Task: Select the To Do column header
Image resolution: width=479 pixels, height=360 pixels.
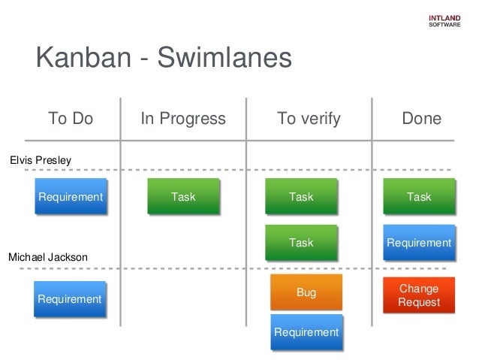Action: pyautogui.click(x=71, y=119)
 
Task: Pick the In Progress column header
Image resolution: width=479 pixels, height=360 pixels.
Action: pyautogui.click(x=183, y=119)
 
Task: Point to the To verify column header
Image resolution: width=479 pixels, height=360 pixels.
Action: pyautogui.click(x=309, y=119)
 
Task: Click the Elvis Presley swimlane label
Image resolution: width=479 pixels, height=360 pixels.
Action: pyautogui.click(x=40, y=159)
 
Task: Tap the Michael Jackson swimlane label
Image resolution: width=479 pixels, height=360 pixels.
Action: pyautogui.click(x=47, y=257)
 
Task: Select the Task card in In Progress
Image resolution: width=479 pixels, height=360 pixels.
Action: pyautogui.click(x=183, y=197)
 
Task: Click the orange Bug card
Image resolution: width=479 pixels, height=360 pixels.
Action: pyautogui.click(x=306, y=292)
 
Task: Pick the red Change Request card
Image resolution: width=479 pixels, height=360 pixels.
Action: pyautogui.click(x=419, y=295)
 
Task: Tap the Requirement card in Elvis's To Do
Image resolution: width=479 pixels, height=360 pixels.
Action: pyautogui.click(x=71, y=197)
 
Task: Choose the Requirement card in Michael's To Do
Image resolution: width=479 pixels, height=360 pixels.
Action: pyautogui.click(x=70, y=299)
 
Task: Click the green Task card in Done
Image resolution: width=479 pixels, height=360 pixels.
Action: pyautogui.click(x=419, y=197)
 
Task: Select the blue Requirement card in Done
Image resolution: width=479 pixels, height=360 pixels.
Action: pyautogui.click(x=419, y=243)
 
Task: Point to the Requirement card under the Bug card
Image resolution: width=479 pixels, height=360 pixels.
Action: pyautogui.click(x=306, y=332)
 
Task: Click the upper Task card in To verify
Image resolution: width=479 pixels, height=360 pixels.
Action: pyautogui.click(x=301, y=197)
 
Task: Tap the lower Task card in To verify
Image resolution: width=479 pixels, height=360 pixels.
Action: pyautogui.click(x=301, y=243)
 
